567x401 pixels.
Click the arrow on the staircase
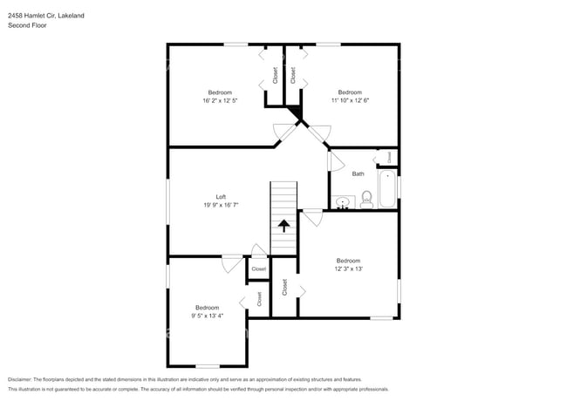[x=283, y=225]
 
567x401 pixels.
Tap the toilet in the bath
[x=365, y=200]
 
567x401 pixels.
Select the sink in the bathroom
[x=344, y=203]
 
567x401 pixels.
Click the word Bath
[x=358, y=173]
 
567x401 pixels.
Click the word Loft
[x=221, y=196]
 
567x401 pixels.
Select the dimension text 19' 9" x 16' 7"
[x=221, y=205]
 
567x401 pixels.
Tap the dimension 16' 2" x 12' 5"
[x=219, y=101]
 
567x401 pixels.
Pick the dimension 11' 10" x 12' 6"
[x=350, y=101]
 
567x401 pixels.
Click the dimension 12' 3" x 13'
[x=348, y=269]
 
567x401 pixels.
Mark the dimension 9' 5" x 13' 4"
[x=208, y=316]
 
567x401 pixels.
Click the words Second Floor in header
[x=28, y=25]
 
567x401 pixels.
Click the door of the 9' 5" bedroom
[x=231, y=263]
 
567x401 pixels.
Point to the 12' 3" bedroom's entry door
[x=311, y=218]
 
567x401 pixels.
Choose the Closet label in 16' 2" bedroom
[x=275, y=77]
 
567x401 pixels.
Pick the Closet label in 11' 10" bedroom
[x=293, y=77]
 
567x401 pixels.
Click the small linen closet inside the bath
[x=387, y=157]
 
